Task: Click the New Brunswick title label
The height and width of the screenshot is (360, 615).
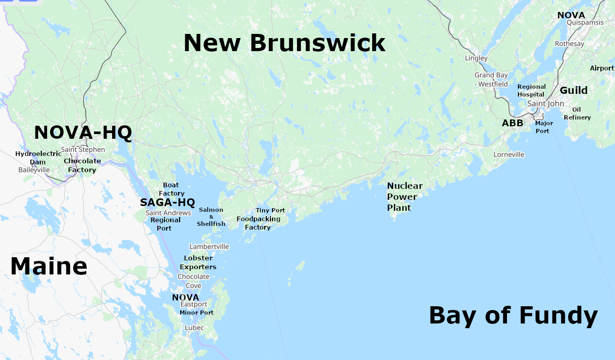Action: (x=284, y=43)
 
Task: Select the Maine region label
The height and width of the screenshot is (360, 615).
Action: (x=49, y=266)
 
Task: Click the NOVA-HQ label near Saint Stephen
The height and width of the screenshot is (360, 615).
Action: (x=82, y=133)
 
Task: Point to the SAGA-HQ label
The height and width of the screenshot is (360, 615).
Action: (x=167, y=202)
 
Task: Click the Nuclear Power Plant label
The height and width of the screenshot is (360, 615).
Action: (x=405, y=197)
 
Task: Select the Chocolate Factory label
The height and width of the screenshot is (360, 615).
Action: (x=82, y=165)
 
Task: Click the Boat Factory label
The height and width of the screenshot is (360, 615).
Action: (x=171, y=189)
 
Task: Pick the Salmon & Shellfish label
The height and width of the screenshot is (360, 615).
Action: (x=211, y=217)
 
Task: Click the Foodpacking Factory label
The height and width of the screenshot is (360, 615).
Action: (x=258, y=223)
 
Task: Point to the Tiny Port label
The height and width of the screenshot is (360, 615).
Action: (x=270, y=210)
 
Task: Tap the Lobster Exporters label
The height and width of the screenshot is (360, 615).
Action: (x=198, y=262)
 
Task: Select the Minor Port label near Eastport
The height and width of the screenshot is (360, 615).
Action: (x=196, y=313)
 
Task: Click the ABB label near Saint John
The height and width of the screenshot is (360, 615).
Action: (x=512, y=123)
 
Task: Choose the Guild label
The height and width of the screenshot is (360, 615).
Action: (x=573, y=90)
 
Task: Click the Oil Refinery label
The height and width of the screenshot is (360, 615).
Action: (x=577, y=113)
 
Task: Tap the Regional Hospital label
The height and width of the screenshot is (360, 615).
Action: (x=531, y=90)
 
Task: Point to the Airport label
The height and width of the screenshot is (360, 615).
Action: (x=601, y=68)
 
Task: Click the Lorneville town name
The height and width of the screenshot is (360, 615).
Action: (x=509, y=154)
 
